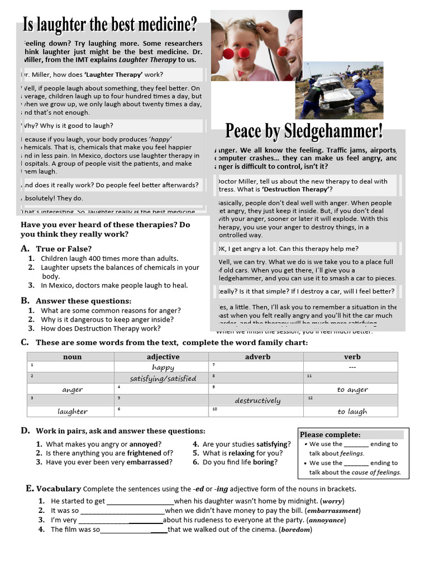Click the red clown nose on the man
pyautogui.click(x=283, y=51)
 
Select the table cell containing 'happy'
pyautogui.click(x=163, y=367)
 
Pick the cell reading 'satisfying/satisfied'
pyautogui.click(x=163, y=379)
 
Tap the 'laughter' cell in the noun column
pyautogui.click(x=72, y=411)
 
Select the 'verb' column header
pyautogui.click(x=352, y=357)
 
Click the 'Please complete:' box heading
pyautogui.click(x=330, y=434)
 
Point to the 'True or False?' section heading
pyautogui.click(x=64, y=249)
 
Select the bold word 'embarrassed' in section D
pyautogui.click(x=146, y=462)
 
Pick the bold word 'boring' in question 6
pyautogui.click(x=264, y=462)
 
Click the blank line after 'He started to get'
pyautogui.click(x=140, y=502)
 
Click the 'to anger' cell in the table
pyautogui.click(x=352, y=389)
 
